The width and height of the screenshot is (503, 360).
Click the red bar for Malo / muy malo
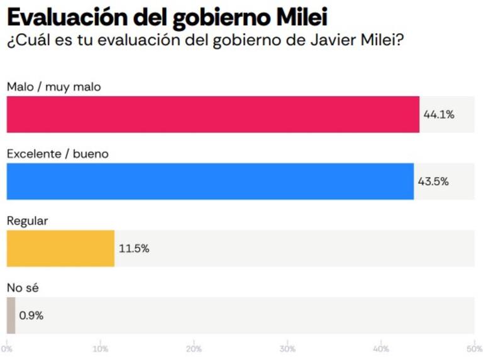[x=213, y=114]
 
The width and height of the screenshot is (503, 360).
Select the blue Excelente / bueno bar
[x=210, y=182]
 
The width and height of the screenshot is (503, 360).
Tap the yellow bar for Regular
[x=60, y=248]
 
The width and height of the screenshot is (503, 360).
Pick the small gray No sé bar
[x=11, y=315]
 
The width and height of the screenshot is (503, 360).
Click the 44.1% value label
[x=438, y=115]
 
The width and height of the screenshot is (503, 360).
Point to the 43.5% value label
[x=433, y=182]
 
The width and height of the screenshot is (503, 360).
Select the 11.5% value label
[x=134, y=248]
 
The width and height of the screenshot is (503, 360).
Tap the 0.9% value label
[x=31, y=315]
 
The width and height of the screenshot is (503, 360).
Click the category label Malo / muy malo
[x=53, y=87]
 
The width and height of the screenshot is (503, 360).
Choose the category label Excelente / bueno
[x=58, y=154]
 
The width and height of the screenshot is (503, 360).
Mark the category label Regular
[x=27, y=221]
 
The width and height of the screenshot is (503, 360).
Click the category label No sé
[x=23, y=288]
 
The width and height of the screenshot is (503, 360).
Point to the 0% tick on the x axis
[x=7, y=349]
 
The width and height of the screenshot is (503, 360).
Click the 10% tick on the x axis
[x=99, y=349]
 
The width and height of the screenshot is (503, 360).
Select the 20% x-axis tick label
[x=194, y=349]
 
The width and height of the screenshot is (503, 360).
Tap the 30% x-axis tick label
[x=287, y=349]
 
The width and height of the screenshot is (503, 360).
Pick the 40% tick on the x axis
[x=381, y=349]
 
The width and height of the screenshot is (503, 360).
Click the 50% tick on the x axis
[x=475, y=349]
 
